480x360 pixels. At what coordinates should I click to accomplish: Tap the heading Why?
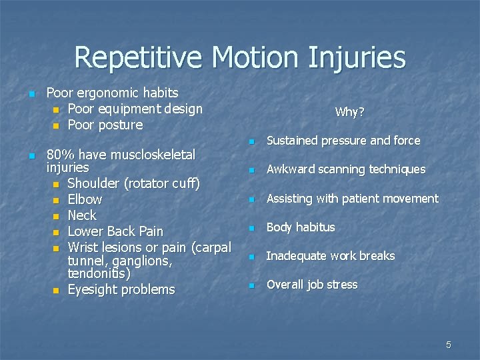(349, 112)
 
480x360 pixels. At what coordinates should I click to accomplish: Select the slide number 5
(448, 345)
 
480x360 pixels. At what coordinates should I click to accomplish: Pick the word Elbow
(85, 199)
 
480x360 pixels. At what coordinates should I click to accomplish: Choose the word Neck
(82, 215)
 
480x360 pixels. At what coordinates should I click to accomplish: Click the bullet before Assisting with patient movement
(251, 199)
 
